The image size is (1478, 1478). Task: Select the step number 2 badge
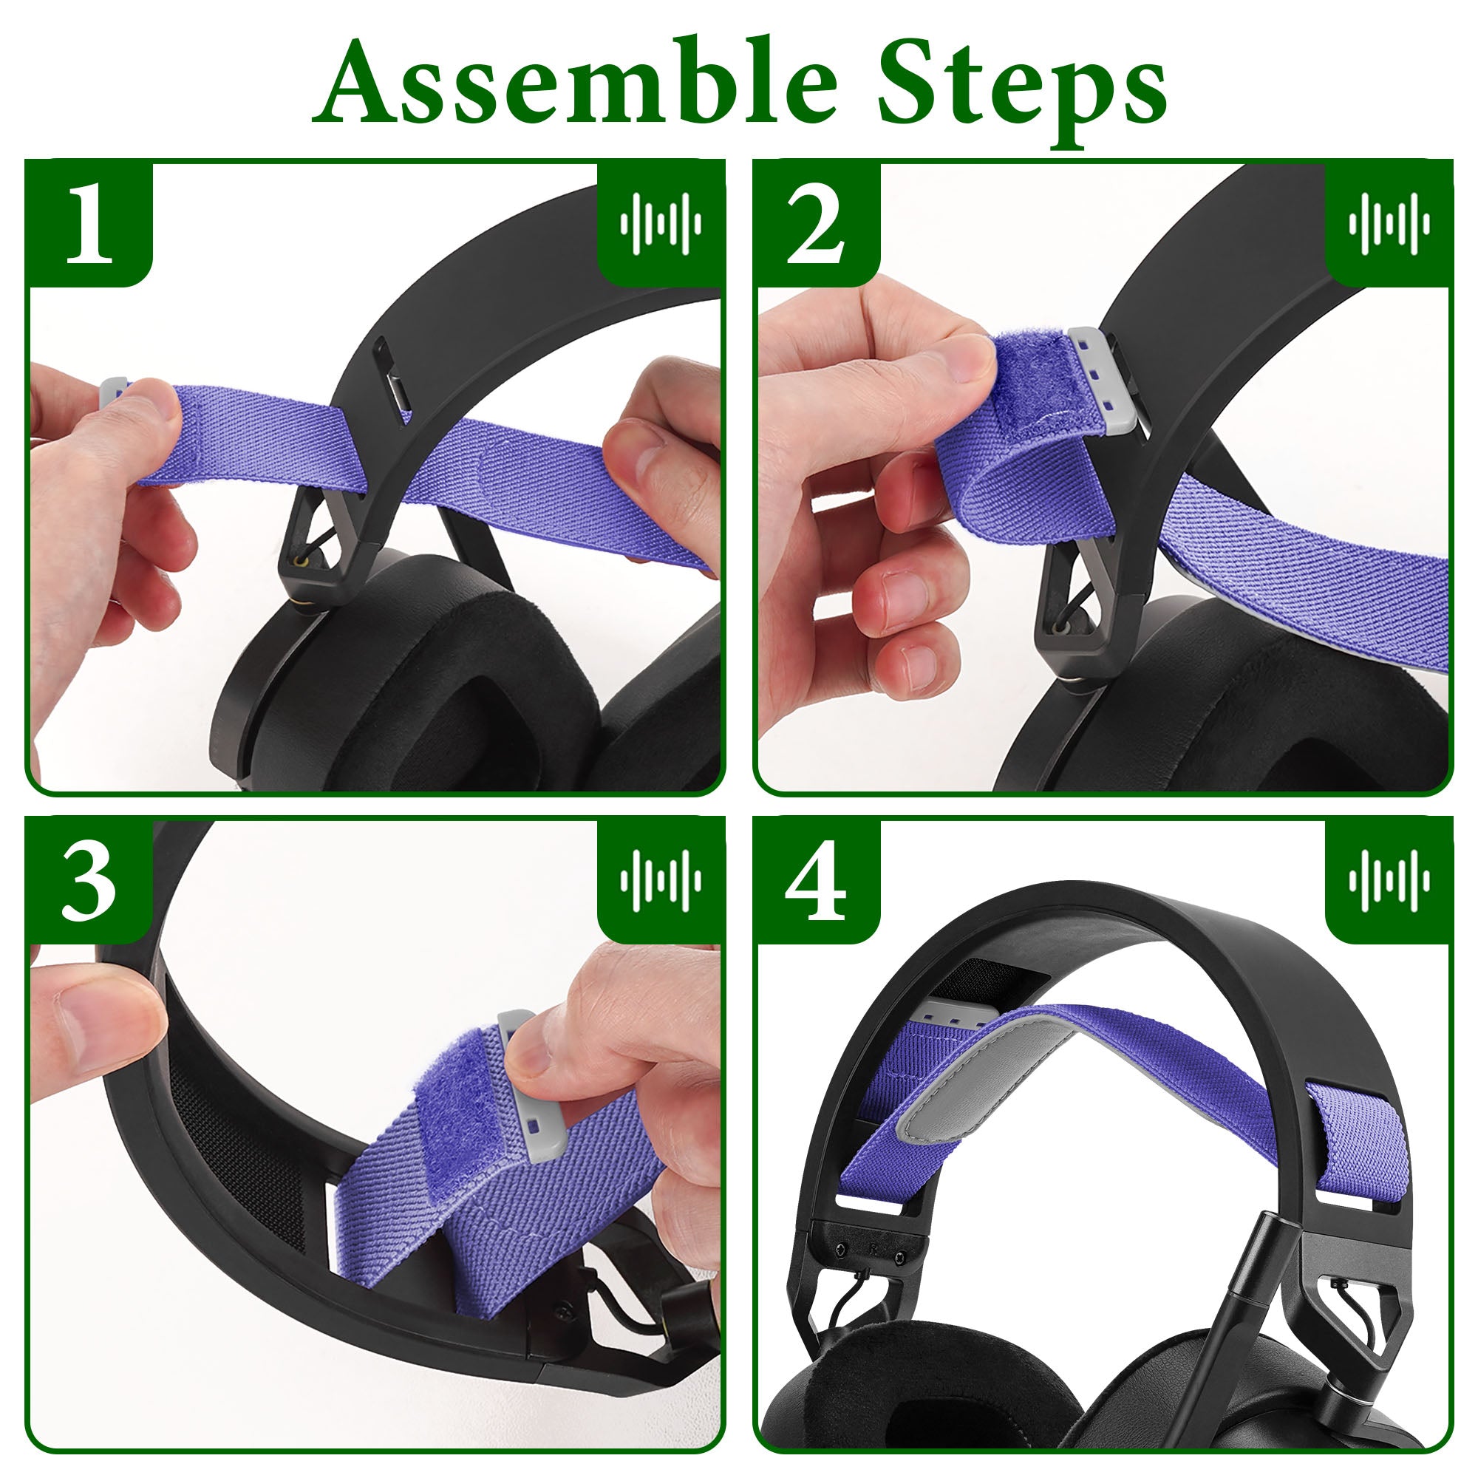click(817, 223)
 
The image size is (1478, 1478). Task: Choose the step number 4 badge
click(817, 879)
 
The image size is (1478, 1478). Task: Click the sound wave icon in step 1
click(660, 223)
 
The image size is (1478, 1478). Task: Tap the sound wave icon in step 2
click(1389, 223)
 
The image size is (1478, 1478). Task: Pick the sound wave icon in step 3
click(660, 879)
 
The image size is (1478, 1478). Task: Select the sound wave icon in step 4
click(1389, 879)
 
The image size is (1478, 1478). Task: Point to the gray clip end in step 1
click(113, 392)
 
